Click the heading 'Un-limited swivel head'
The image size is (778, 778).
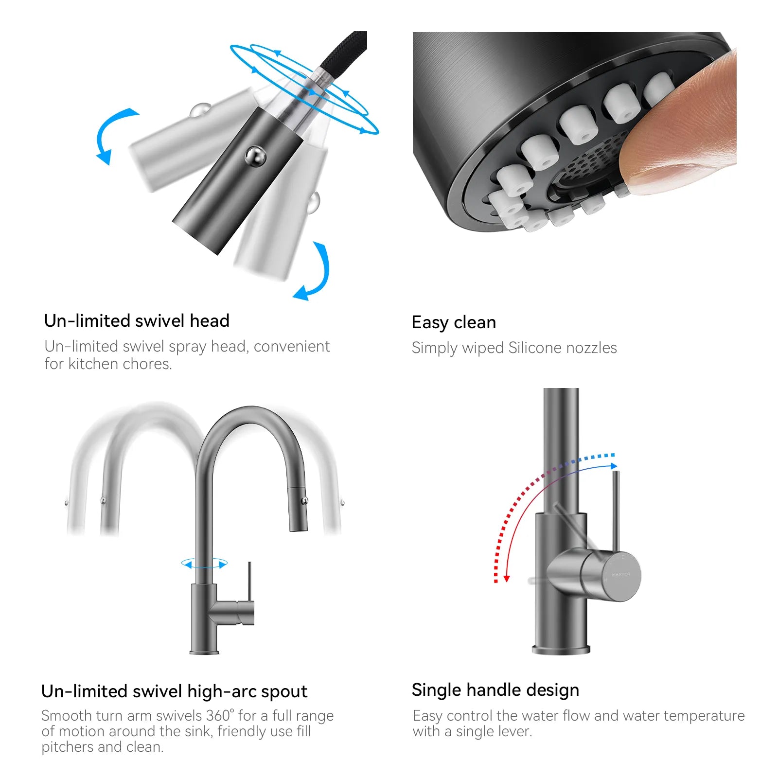pos(137,321)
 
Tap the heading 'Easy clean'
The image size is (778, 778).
pos(454,322)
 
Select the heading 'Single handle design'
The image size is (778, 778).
pos(495,690)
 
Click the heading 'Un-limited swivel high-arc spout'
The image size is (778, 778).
pos(174,691)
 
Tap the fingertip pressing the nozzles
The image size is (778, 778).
pos(681,126)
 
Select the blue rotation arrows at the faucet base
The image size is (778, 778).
pos(204,564)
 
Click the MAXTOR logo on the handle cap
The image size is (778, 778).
pos(621,574)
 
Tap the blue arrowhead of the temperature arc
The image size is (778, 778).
pos(614,466)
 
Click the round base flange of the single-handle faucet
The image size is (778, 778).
pos(561,649)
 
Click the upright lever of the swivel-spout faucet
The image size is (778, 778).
pos(249,582)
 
